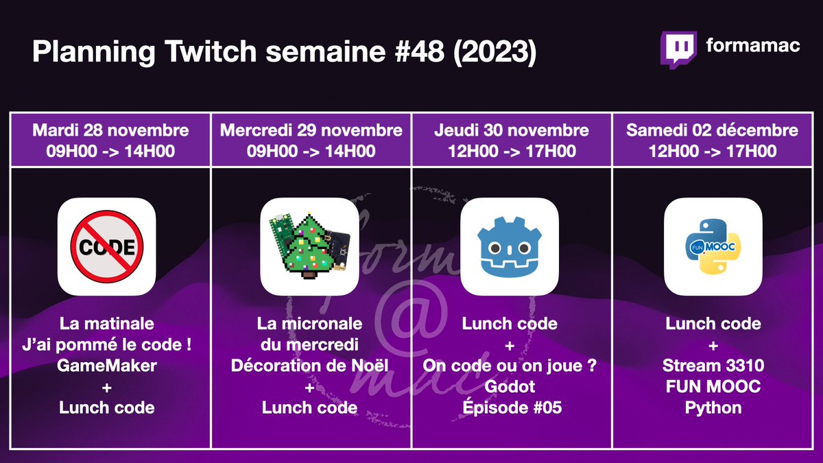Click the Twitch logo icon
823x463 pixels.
coord(678,50)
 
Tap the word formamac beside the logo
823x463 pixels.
coord(752,46)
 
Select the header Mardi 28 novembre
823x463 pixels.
coord(110,130)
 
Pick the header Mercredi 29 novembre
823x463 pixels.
coord(311,130)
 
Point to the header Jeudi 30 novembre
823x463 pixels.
coord(512,130)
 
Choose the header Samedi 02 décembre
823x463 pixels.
coord(712,130)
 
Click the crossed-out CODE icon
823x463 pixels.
coord(106,247)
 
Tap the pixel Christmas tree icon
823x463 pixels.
coord(309,247)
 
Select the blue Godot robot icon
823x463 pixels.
coord(510,247)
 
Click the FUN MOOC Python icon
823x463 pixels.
coord(713,247)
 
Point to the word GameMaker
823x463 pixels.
coord(106,366)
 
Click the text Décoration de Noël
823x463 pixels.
coord(309,366)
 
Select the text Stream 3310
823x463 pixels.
coord(713,366)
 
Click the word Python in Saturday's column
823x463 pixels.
coord(713,407)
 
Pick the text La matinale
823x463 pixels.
coord(106,323)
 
